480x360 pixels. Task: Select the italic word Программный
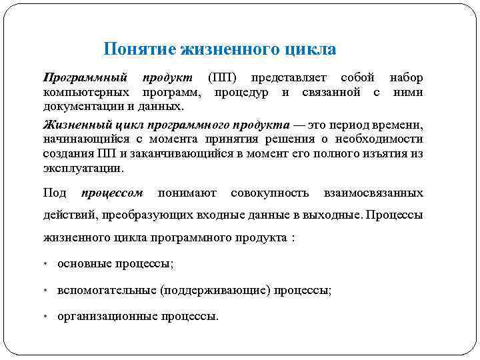(85, 78)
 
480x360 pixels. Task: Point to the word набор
(406, 78)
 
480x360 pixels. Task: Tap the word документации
(83, 106)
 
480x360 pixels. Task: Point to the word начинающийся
(85, 139)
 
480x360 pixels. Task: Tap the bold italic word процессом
(112, 193)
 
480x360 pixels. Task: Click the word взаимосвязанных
(373, 193)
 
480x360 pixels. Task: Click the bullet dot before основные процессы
(45, 264)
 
